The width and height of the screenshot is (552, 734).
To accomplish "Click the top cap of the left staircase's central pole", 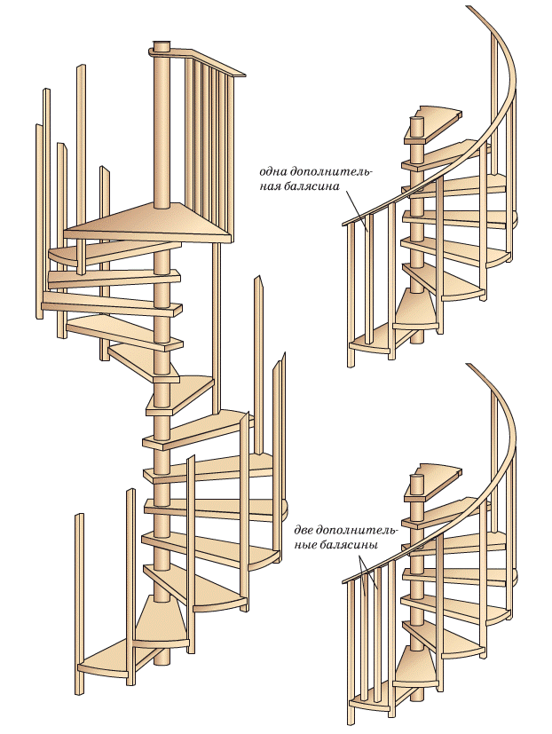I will pos(161,44).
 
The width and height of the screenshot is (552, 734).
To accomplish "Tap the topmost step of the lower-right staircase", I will pos(441,470).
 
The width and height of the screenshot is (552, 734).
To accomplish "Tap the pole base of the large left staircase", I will pos(161,657).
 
